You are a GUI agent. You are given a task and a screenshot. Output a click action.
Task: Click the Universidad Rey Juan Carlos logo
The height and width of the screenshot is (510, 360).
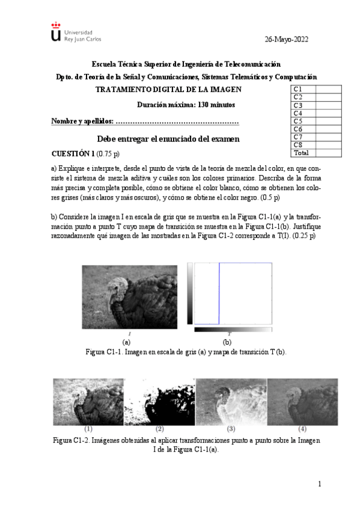(x=76, y=34)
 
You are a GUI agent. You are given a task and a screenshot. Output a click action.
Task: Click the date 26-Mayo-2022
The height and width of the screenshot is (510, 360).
(x=286, y=39)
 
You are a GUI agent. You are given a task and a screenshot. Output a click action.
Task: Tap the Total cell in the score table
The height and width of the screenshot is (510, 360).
(x=301, y=153)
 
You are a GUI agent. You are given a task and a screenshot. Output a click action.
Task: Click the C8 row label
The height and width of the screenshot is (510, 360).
(x=297, y=145)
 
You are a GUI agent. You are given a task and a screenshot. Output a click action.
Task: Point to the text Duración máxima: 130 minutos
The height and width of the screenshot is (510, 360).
(x=186, y=105)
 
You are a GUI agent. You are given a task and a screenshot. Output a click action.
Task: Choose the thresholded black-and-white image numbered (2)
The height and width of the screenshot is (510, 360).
(x=159, y=401)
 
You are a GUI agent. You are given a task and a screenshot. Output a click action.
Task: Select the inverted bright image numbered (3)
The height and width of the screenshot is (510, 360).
(x=231, y=401)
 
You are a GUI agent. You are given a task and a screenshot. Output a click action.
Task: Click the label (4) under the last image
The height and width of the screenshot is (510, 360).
(x=302, y=429)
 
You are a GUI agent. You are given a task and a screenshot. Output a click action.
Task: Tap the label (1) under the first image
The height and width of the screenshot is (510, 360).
(x=88, y=429)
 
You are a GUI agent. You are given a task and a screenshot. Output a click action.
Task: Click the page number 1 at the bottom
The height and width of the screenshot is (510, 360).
(x=320, y=484)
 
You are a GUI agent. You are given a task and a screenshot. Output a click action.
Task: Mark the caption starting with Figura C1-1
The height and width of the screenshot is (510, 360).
(x=186, y=352)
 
